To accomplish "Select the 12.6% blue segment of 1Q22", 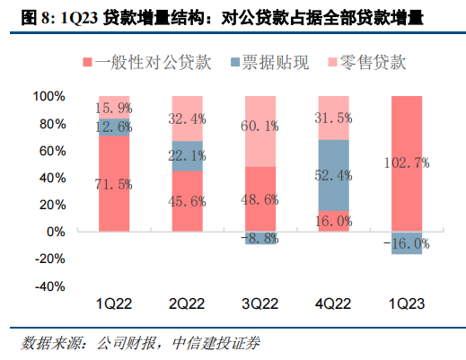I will (x=114, y=127).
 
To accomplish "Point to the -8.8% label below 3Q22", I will (x=260, y=239).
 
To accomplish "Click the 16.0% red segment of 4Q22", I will (x=334, y=221).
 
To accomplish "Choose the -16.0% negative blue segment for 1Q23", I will (x=407, y=243).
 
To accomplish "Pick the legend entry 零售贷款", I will (x=368, y=63).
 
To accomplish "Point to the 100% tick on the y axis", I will (x=48, y=95).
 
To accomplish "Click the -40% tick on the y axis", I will (x=48, y=286).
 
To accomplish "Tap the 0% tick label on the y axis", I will (x=55, y=232).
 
